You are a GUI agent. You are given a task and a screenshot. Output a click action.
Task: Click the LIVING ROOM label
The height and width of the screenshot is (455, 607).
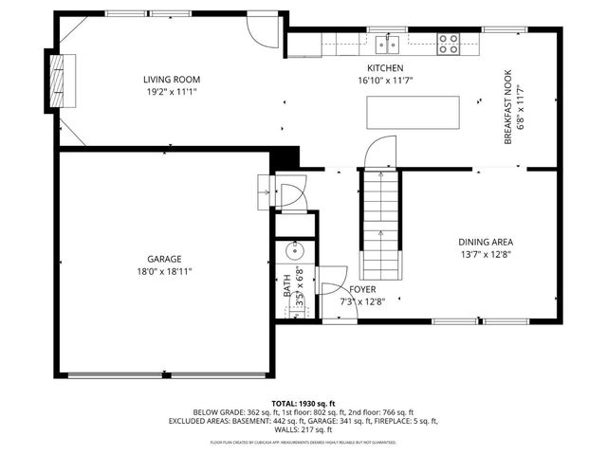coord(172,80)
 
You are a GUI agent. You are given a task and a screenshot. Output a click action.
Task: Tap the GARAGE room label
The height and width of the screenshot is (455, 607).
coord(163,259)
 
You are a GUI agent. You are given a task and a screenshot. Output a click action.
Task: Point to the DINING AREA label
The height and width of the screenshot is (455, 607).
coord(486,242)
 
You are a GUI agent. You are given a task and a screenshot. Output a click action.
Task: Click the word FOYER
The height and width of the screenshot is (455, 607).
coord(361,290)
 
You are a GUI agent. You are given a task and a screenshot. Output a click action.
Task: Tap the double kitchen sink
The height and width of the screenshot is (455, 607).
coord(386,43)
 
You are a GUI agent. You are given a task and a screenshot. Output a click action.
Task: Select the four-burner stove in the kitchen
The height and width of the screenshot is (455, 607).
coord(447,42)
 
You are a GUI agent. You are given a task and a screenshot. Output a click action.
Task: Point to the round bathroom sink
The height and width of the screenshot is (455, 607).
coord(292,253)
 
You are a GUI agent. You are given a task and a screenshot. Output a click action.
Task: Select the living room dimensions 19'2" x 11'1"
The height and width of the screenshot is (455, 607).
coord(172,92)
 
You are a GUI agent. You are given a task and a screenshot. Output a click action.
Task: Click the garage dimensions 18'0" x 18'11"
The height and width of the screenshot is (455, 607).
coord(163,271)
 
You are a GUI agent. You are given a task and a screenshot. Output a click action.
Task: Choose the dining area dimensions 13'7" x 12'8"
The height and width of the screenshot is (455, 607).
coord(486,254)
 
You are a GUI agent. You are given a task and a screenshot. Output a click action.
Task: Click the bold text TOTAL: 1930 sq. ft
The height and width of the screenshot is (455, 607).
coord(304,402)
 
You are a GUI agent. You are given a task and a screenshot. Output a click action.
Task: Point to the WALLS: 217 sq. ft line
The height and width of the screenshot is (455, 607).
coord(304,430)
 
